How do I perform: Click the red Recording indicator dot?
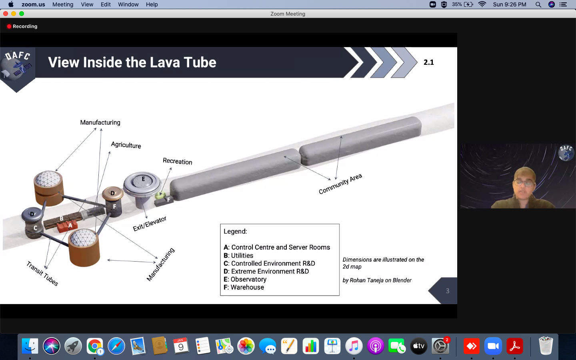tap(9, 26)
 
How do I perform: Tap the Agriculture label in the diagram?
tap(126, 145)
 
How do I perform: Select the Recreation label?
tap(178, 161)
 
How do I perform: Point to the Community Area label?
tap(340, 184)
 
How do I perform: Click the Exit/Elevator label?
tap(150, 224)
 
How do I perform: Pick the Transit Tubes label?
tap(42, 273)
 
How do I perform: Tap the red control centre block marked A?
tap(67, 226)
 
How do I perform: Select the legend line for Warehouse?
tap(244, 287)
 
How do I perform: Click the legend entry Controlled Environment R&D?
tap(269, 263)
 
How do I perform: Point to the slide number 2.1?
tap(429, 62)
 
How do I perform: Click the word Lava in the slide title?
tap(164, 62)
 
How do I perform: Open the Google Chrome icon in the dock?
tap(95, 346)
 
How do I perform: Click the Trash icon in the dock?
tap(546, 346)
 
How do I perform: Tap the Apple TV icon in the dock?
tap(419, 346)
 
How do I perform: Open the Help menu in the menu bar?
tap(152, 4)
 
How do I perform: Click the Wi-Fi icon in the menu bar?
tap(482, 4)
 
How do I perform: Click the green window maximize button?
tap(22, 14)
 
